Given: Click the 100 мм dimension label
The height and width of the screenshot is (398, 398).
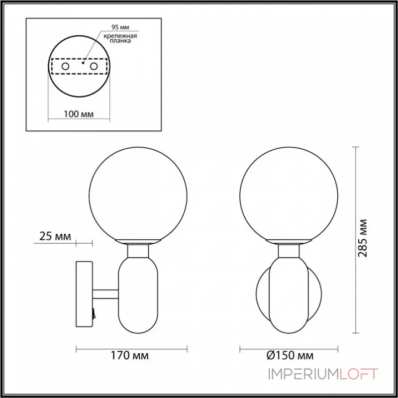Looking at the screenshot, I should coord(79,114).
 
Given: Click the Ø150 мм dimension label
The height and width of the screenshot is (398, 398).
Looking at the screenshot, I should coord(290,356).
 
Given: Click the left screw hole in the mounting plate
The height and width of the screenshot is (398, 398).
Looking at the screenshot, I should coord(66,66).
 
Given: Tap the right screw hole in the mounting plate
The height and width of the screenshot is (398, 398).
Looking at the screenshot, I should coord(93,66).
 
